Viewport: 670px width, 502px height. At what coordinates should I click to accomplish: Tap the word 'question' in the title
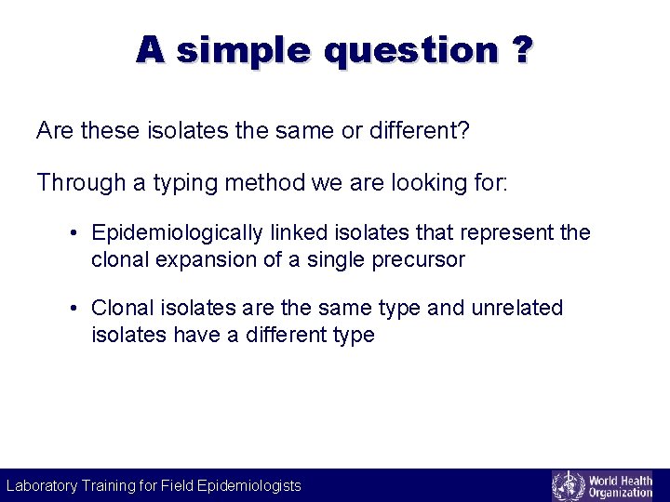point(411,51)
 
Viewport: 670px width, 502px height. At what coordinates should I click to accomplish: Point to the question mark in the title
point(522,49)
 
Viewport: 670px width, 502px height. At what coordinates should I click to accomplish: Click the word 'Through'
point(81,182)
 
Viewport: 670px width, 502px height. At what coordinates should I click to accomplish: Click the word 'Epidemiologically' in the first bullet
point(177,233)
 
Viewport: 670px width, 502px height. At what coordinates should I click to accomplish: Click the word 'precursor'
point(419,260)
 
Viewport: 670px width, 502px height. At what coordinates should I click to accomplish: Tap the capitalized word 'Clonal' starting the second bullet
point(123,308)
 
